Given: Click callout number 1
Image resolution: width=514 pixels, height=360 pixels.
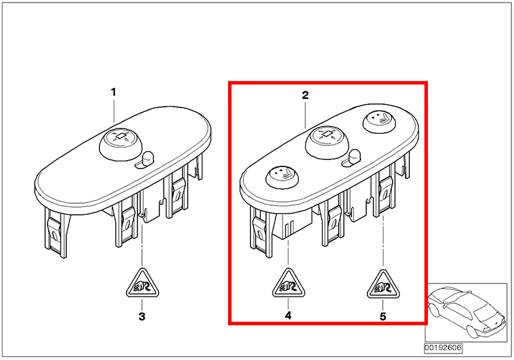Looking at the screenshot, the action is coord(114,92).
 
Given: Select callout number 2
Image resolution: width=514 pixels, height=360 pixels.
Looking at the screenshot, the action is coord(305,95).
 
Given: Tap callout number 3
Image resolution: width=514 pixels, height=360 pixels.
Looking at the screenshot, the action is coord(141,316).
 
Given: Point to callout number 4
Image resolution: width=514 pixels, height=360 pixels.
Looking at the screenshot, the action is coord(288,316).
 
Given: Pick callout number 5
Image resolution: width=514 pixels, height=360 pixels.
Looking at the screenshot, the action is coord(383,316).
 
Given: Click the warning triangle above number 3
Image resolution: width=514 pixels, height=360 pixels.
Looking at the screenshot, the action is coord(142,284).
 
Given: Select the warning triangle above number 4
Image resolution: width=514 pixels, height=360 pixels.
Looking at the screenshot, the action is coord(288,284).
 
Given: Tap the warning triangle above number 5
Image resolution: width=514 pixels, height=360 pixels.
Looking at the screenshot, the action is coord(383,285).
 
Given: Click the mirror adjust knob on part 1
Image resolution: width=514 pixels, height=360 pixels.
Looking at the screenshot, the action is coord(121,144).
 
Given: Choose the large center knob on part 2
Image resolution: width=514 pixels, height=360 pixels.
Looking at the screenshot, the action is coord(327,142).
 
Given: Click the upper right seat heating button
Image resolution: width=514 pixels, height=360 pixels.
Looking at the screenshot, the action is coord(379,122).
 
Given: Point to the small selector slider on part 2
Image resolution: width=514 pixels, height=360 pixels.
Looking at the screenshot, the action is coord(351,158).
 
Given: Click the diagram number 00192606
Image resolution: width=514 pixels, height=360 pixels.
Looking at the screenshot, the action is coord(443,348).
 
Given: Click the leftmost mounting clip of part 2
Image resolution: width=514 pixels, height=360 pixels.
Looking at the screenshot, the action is coord(261,232).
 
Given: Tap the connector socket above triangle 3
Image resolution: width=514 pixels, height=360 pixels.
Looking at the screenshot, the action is coord(151,206).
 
